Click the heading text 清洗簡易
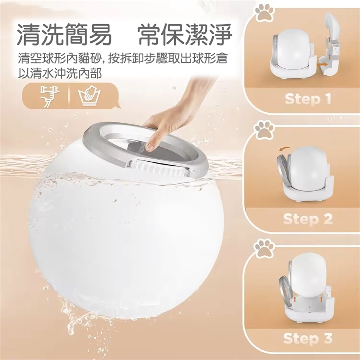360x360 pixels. coord(64,34)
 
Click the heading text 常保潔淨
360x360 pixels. coord(185,34)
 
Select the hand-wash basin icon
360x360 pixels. coord(90,96)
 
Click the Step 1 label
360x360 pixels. coord(307,99)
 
